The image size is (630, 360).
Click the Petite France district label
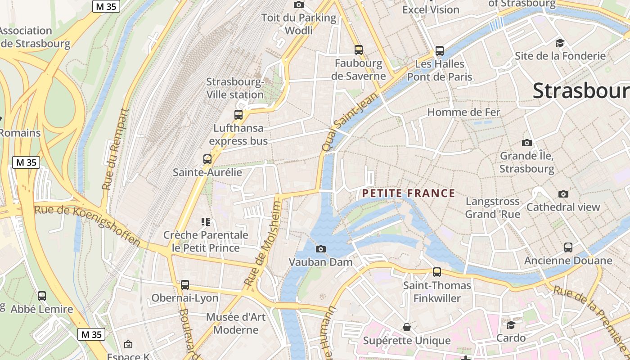click(x=409, y=193)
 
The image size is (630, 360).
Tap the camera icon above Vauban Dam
click(x=321, y=249)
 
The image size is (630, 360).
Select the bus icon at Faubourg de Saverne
click(x=359, y=50)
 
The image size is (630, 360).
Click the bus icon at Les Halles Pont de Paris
click(x=440, y=51)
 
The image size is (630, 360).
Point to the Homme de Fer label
click(x=463, y=112)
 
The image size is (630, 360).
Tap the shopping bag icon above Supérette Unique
click(x=407, y=327)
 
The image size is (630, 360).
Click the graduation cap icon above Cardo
click(x=511, y=325)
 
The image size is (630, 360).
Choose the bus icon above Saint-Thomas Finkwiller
click(x=437, y=272)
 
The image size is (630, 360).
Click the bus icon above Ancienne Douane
click(x=568, y=247)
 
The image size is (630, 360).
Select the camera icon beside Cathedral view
click(x=563, y=194)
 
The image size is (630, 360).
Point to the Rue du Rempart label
click(x=115, y=148)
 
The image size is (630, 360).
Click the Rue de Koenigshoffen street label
click(x=88, y=225)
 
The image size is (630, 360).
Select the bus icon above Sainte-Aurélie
click(x=207, y=159)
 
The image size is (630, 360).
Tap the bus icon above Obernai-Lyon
click(x=185, y=284)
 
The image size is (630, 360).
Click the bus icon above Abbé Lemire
click(x=42, y=296)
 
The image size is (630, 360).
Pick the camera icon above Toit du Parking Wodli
click(x=298, y=5)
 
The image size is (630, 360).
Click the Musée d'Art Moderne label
click(x=236, y=323)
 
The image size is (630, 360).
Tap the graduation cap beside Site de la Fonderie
click(x=560, y=43)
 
